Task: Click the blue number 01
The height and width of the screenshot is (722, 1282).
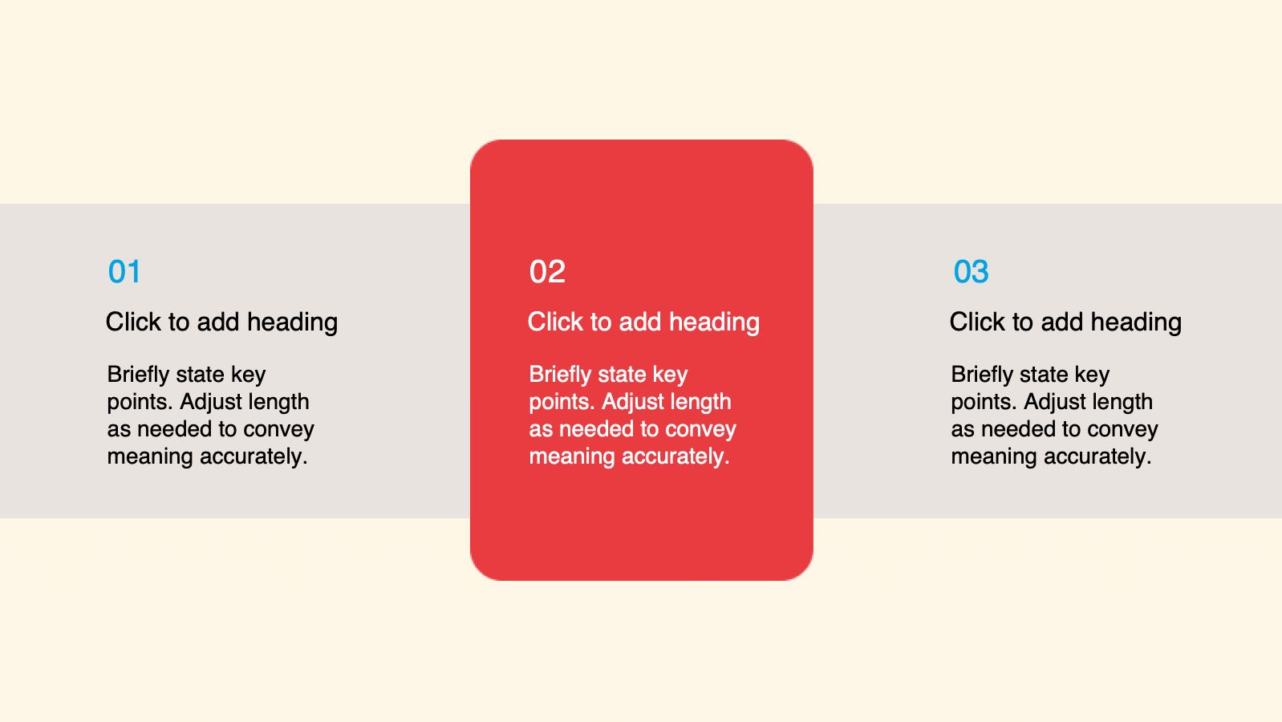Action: [124, 272]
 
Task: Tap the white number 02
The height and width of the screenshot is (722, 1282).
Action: [547, 272]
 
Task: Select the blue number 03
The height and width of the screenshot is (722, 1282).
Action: [971, 272]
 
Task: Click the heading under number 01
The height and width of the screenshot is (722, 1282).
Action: [221, 322]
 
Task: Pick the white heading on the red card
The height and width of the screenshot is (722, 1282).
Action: [643, 322]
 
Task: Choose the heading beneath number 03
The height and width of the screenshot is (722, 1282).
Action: [1065, 322]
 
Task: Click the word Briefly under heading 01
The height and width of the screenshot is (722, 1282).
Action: [138, 374]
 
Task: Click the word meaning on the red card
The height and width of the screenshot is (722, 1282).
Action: [572, 457]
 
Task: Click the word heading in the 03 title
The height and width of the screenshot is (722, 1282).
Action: [1136, 322]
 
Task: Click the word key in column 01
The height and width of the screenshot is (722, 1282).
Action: [249, 375]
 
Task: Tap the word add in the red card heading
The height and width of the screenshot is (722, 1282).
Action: [640, 322]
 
